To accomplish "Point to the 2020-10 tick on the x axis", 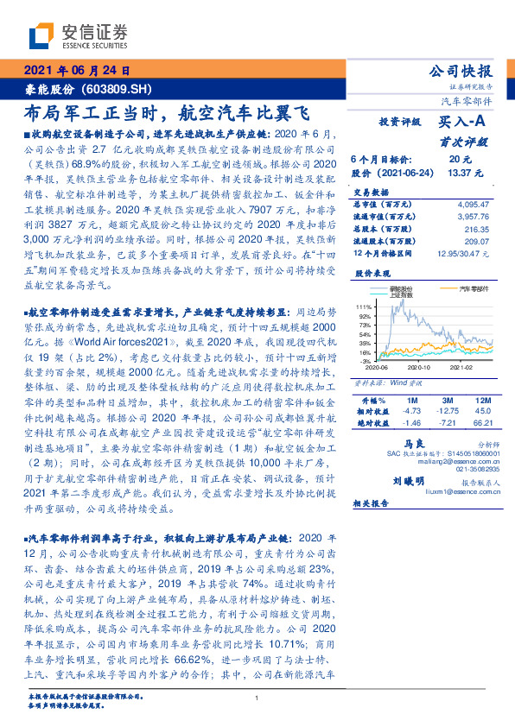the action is (418, 367).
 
